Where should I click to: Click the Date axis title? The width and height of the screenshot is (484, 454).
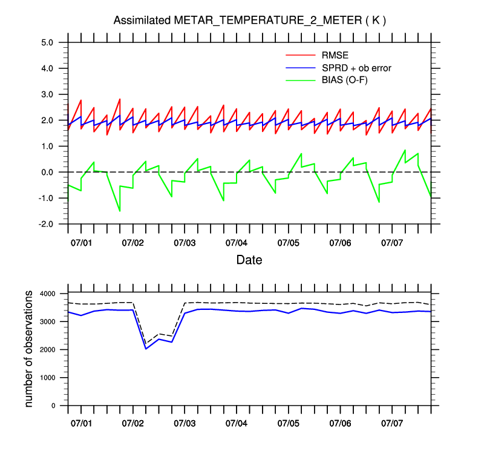point(249,260)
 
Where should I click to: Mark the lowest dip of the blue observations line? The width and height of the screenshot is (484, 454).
point(146,349)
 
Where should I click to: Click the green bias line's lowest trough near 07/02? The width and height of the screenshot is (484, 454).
point(120,211)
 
